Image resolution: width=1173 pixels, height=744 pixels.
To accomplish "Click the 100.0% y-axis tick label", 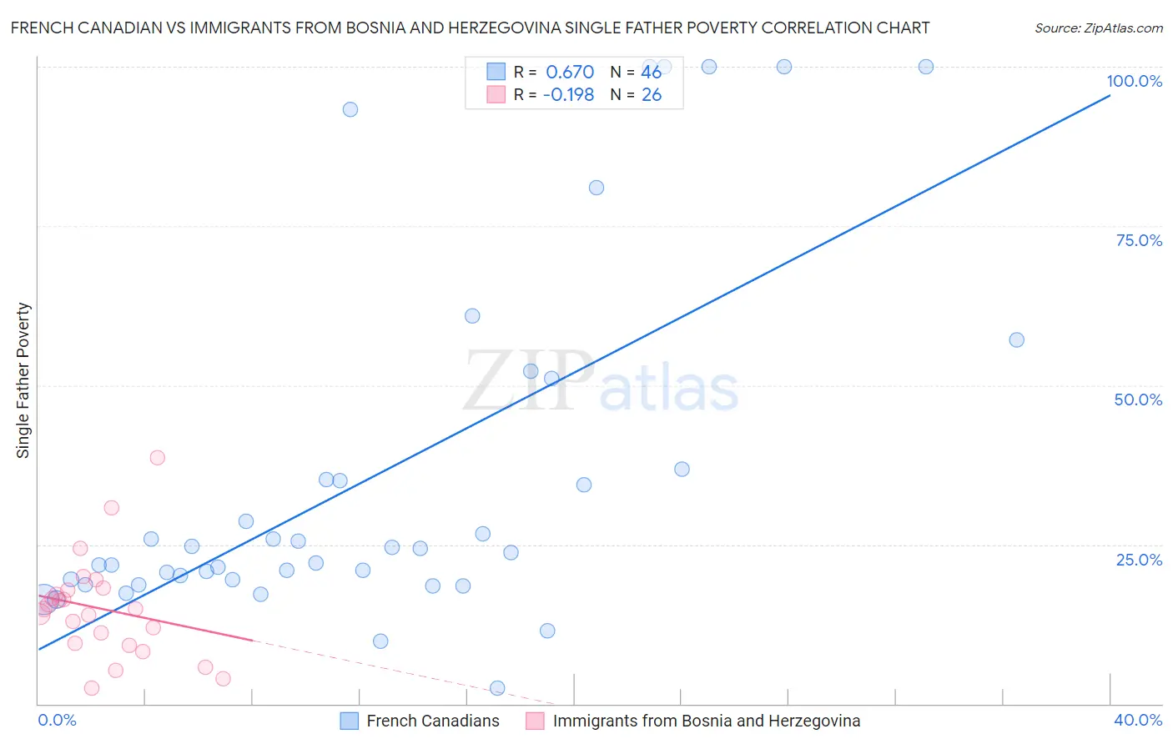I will click(1134, 81).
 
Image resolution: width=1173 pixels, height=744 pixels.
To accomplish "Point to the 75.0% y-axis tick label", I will click(1138, 240).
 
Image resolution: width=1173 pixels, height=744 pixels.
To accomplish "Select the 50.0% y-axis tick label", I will click(1137, 400).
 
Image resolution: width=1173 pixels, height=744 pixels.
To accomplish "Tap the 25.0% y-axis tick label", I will click(1138, 560).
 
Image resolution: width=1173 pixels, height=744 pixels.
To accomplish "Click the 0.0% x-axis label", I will click(57, 720).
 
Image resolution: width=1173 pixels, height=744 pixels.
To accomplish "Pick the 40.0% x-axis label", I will click(1137, 720).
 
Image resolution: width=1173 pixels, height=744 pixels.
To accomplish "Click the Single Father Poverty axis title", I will click(23, 380).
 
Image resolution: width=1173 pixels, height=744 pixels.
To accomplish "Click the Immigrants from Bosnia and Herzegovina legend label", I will click(706, 721).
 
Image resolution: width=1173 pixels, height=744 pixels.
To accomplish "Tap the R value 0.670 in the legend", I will click(569, 73).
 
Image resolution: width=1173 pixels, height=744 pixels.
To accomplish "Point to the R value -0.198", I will click(568, 95).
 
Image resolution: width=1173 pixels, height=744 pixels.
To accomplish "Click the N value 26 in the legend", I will click(651, 95).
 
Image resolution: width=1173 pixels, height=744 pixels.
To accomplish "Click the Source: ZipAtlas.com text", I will click(1098, 28).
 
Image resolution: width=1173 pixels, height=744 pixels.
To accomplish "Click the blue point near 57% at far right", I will click(1016, 339).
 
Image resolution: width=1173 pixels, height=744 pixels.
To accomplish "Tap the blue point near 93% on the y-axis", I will click(350, 109).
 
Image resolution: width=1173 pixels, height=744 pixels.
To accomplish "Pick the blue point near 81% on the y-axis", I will click(596, 188).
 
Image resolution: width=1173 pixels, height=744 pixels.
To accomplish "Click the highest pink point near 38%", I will click(157, 457).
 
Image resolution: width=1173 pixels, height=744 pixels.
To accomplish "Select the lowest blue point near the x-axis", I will click(497, 688).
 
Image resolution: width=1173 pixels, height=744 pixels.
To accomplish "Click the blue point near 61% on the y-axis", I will click(472, 315).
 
